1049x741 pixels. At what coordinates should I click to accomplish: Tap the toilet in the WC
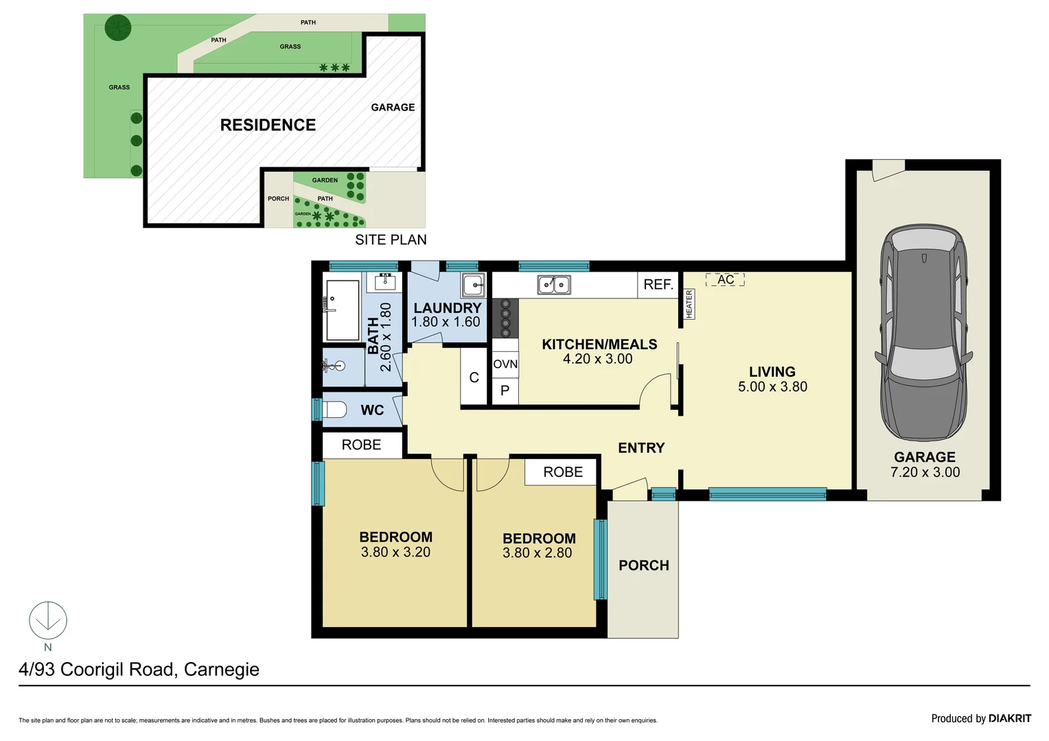point(335,410)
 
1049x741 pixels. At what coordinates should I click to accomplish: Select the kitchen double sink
point(553,284)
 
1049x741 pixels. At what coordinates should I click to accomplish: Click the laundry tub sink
point(473,285)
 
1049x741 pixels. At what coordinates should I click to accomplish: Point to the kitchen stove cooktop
point(505,318)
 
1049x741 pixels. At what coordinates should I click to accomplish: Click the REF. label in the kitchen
point(658,285)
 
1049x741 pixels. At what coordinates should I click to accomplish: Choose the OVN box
point(505,364)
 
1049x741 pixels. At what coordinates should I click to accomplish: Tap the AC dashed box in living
point(725,280)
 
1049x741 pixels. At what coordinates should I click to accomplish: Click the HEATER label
point(689,304)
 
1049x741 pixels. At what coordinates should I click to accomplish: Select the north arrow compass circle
point(48,620)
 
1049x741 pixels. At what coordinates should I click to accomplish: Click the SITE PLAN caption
point(391,240)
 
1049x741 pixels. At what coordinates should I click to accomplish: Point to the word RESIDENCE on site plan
point(268,125)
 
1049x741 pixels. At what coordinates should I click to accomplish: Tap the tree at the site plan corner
point(118,27)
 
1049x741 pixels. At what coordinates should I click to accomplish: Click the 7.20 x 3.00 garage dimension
point(925,473)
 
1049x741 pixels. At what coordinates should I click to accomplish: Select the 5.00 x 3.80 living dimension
point(772,387)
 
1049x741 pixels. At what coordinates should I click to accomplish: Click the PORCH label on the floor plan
point(643,565)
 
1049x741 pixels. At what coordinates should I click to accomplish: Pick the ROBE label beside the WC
point(361,445)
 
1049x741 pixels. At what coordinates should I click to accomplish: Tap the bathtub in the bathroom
point(342,310)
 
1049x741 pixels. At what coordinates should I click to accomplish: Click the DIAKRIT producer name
point(1009,718)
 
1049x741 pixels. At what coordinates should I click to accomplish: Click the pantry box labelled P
point(505,391)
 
